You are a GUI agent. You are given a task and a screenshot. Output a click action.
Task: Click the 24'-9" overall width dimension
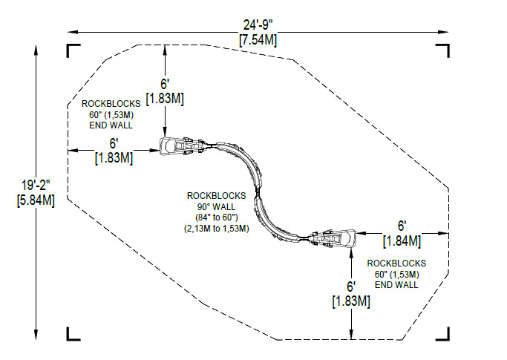(258, 25)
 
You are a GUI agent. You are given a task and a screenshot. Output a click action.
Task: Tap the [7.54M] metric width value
(258, 40)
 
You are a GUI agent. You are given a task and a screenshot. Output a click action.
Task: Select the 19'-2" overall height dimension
(36, 186)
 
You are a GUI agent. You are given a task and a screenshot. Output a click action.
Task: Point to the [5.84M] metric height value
(36, 200)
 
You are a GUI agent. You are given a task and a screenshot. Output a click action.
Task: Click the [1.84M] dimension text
(402, 241)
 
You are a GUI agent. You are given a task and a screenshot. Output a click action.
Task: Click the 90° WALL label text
(216, 206)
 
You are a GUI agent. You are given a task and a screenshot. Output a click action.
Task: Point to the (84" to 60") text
(216, 217)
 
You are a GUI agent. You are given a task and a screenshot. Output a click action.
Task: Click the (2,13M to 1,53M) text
(216, 229)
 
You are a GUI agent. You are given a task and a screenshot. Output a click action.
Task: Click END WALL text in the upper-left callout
(111, 125)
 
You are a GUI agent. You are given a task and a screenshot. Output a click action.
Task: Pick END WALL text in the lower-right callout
(396, 285)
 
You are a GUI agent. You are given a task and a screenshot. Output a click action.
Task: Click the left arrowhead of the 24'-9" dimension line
(72, 32)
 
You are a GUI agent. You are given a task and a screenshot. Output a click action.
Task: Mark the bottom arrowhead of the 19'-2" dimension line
(36, 335)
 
